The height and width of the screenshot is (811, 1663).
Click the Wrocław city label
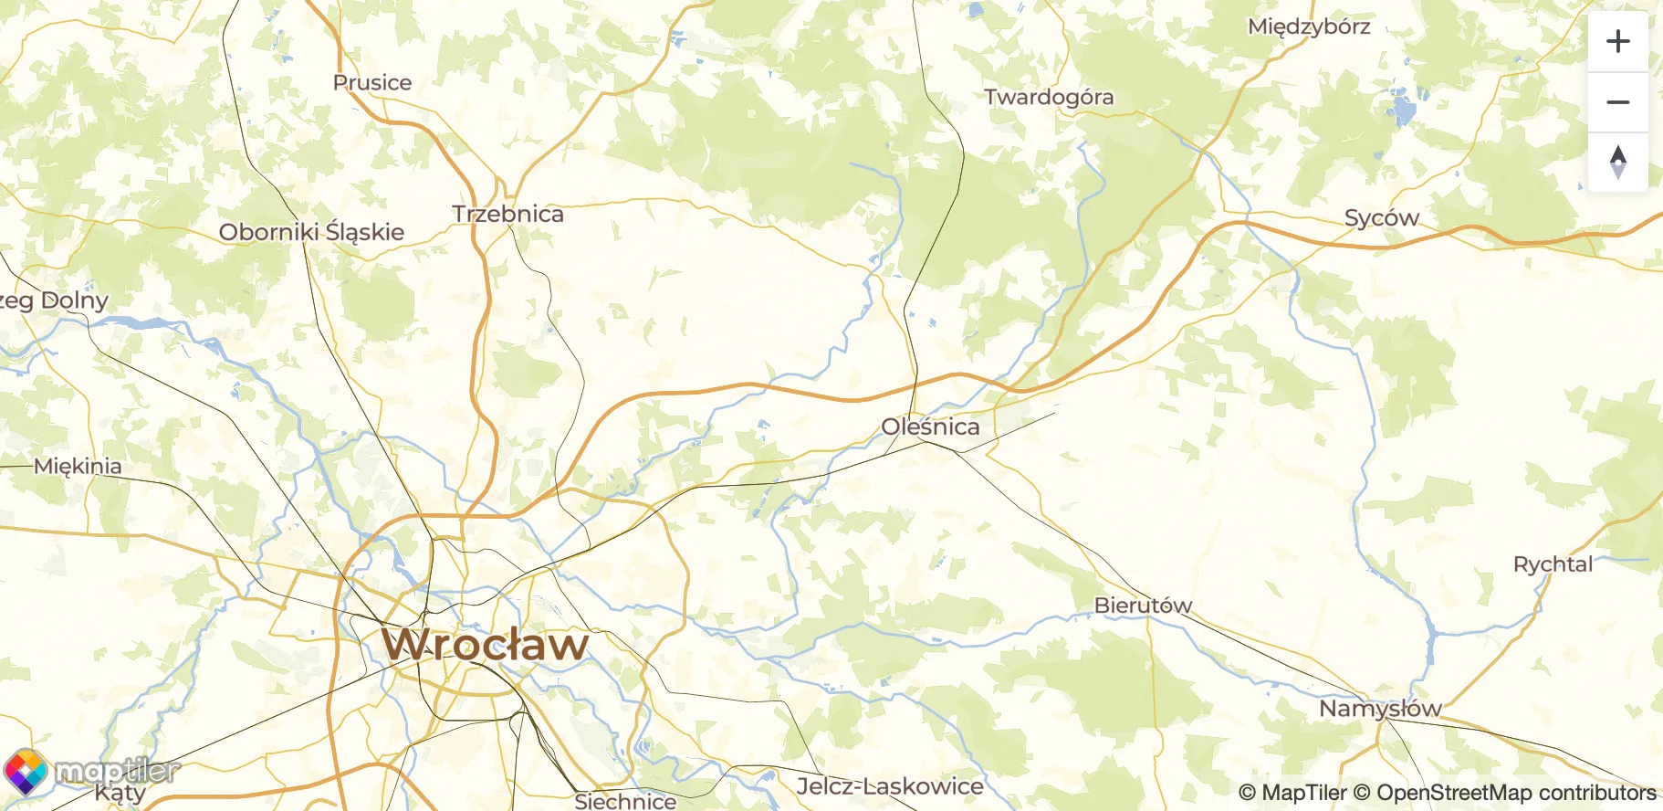click(485, 645)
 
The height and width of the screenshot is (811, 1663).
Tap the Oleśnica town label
click(930, 427)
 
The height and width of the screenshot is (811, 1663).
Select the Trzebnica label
click(507, 214)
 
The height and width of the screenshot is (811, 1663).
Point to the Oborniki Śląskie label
click(311, 232)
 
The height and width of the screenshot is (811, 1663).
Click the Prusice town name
click(371, 82)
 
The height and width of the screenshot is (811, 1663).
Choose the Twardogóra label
click(1049, 97)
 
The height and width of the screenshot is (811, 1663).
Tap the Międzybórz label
click(1308, 26)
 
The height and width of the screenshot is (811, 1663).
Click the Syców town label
click(1381, 218)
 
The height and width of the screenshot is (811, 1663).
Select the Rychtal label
click(1552, 564)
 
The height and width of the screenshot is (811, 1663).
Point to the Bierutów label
click(1143, 606)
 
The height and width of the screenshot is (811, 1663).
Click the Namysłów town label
click(1379, 709)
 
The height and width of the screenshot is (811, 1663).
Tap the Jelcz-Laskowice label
click(890, 786)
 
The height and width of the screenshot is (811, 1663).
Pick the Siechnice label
click(625, 801)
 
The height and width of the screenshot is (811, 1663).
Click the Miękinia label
click(78, 467)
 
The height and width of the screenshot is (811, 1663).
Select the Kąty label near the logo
click(120, 794)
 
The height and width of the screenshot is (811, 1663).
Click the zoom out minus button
click(1617, 102)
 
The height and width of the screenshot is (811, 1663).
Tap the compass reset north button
click(1617, 163)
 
